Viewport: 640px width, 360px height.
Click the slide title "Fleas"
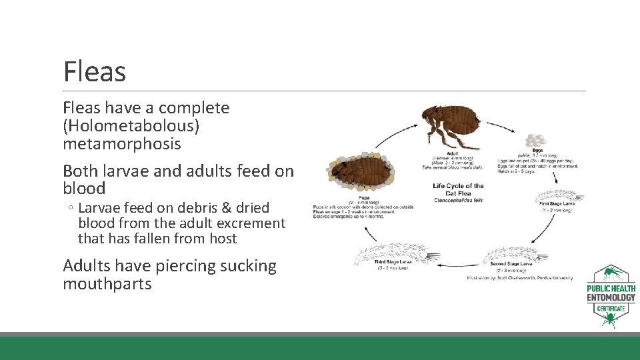94,71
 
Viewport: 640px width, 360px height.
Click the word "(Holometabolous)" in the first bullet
131,126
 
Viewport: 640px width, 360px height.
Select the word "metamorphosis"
122,144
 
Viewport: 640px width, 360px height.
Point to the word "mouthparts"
107,284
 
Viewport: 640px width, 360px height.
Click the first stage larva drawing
559,197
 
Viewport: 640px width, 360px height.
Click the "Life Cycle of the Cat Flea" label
458,189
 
